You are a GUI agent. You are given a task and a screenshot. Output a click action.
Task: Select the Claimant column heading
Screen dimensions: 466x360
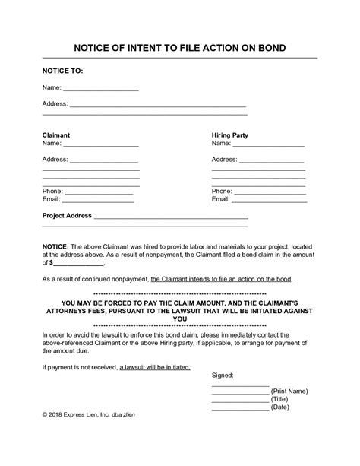[56, 135]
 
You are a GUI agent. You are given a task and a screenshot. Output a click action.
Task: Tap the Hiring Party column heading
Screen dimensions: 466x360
[229, 135]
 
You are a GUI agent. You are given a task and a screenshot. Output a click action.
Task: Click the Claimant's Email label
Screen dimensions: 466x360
[51, 199]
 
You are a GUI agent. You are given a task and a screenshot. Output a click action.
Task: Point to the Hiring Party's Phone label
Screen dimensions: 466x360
[222, 191]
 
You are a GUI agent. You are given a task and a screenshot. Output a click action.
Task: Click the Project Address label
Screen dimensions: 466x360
[68, 216]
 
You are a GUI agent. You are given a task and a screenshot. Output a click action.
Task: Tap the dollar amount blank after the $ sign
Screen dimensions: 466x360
[77, 263]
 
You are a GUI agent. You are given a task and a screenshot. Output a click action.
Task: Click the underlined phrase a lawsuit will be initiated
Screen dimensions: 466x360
[155, 367]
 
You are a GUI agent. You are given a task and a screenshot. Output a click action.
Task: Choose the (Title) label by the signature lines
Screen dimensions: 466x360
[282, 398]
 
